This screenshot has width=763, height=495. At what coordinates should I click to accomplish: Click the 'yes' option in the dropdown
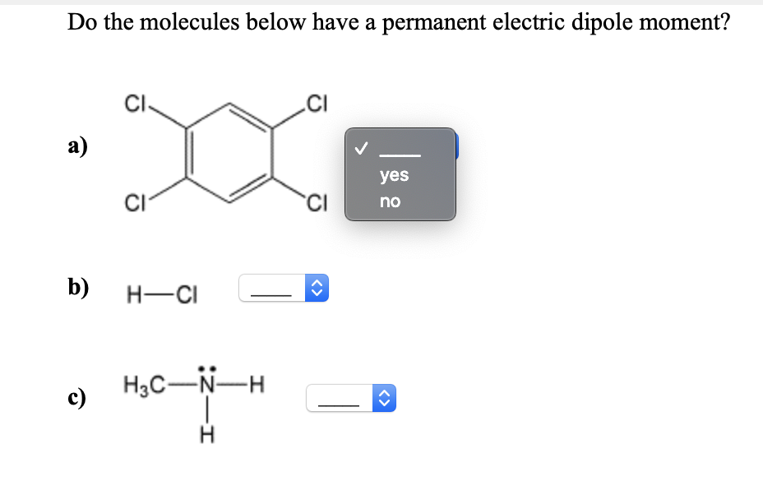click(x=394, y=175)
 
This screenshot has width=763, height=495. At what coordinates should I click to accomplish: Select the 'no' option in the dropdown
click(x=391, y=201)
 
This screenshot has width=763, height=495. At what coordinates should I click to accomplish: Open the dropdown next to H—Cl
click(x=284, y=289)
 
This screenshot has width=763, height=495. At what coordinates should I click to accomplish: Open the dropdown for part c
click(x=351, y=399)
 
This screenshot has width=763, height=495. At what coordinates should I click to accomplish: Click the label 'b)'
click(x=79, y=287)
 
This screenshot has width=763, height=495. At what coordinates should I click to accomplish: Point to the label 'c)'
click(x=79, y=399)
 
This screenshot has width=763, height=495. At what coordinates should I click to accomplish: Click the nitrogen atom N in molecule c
click(x=209, y=384)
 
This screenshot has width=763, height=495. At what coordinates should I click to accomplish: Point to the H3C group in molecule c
click(x=141, y=384)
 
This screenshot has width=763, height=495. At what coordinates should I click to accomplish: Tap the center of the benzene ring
click(x=229, y=153)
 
